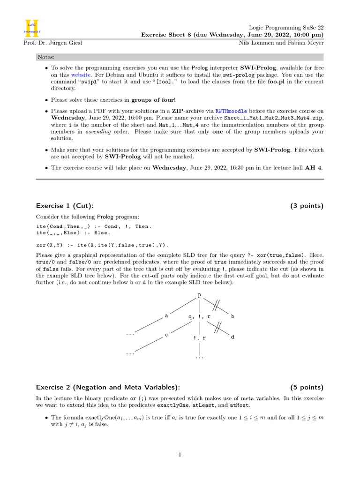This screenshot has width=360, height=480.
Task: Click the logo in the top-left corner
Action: point(32,29)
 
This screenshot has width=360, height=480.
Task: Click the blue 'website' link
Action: point(79,75)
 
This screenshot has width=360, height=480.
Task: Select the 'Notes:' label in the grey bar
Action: point(46,57)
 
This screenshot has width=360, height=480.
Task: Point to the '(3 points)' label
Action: point(307,206)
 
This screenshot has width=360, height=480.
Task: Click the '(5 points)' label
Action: point(307,387)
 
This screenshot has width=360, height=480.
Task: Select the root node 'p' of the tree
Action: point(200,295)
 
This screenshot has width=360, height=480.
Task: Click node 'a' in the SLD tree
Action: point(166,316)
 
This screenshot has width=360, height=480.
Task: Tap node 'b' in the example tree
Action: point(232,316)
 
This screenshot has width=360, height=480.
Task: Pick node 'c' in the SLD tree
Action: point(166,336)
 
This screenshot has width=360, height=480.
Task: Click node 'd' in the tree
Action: point(232,337)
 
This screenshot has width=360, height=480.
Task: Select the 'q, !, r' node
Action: point(200,316)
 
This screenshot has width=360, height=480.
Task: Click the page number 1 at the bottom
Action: point(180,454)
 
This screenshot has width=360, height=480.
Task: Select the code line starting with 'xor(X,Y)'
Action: point(101,245)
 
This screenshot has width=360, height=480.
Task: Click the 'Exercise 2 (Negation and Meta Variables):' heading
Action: point(108,387)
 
